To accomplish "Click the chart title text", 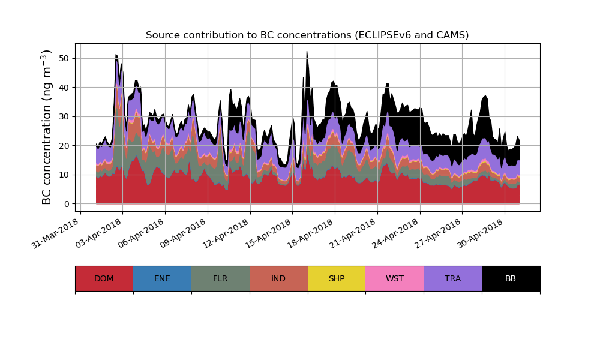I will [307, 35].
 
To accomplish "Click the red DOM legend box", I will [104, 278].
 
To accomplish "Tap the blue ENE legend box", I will [162, 278].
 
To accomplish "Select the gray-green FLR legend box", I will [220, 278].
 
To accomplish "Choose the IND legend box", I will [278, 278].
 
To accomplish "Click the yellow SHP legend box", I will [337, 278].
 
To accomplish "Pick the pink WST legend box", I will [395, 278].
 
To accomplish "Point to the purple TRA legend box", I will [453, 278].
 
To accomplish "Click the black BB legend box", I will [511, 278].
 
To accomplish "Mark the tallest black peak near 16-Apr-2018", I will [307, 52].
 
